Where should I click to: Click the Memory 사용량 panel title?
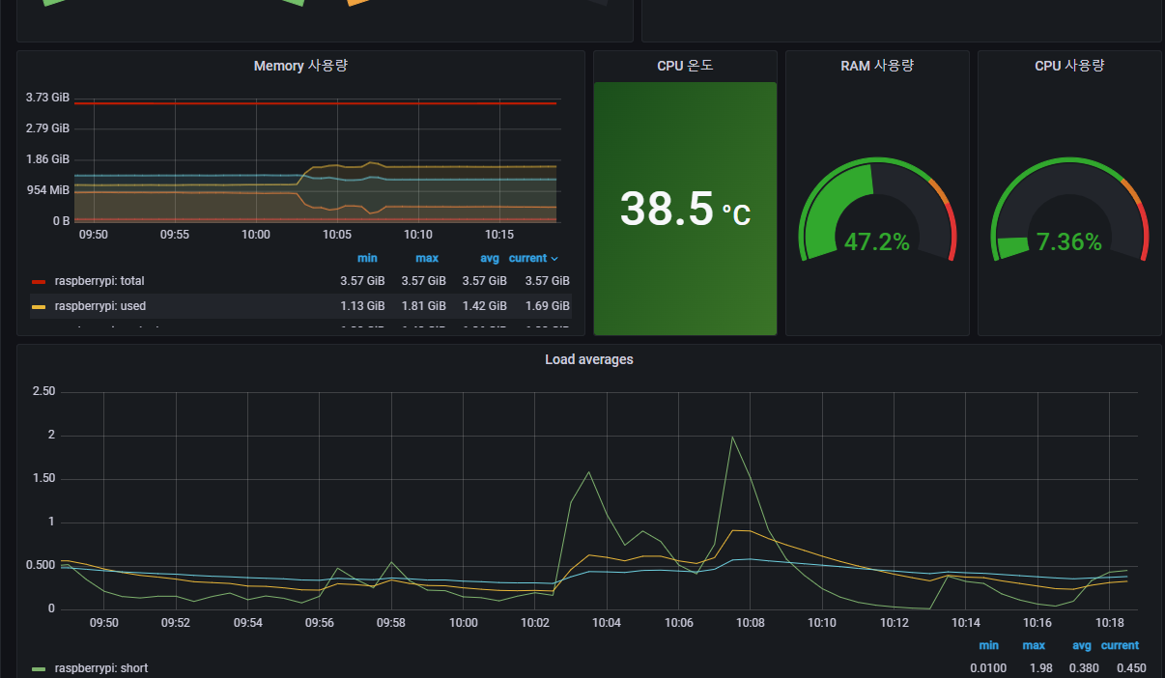coord(300,66)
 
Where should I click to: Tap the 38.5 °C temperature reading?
coord(684,209)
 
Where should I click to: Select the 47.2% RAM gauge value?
coord(876,242)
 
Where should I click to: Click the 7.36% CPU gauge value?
coord(1068,242)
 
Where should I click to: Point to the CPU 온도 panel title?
coord(685,66)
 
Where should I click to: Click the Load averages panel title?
coord(589,359)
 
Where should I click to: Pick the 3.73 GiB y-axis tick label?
coord(47,98)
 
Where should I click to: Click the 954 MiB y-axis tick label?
coord(47,190)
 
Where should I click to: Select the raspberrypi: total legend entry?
coord(99,281)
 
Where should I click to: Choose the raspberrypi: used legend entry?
coord(100,306)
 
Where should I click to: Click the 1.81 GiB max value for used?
coord(423,306)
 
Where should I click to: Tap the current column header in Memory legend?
coord(528,259)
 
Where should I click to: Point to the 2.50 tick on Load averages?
coord(43,391)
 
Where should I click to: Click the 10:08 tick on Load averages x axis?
coord(750,623)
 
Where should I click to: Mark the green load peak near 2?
coord(732,438)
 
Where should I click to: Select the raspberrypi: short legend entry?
coord(100,668)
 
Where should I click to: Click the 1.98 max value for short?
coord(1034,668)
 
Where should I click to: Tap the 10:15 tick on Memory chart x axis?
coord(498,234)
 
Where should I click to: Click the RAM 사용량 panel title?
coord(877,66)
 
